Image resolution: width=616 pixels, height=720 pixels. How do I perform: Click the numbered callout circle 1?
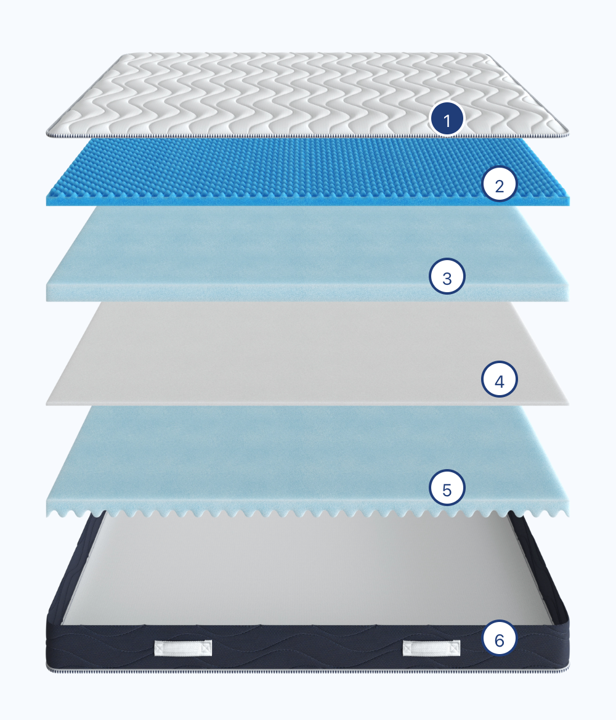click(447, 119)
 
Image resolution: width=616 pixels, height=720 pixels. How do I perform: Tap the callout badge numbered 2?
click(500, 184)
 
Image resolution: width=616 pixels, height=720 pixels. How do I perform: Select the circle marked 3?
click(447, 276)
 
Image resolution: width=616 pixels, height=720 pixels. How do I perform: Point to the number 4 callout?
click(500, 379)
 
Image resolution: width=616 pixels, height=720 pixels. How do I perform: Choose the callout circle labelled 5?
click(447, 488)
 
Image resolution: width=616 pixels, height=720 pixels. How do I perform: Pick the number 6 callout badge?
click(500, 638)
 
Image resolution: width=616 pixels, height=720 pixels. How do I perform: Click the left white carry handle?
click(183, 648)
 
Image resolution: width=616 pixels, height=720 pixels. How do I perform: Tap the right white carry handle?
click(431, 648)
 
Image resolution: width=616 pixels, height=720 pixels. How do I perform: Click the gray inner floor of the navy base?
click(307, 570)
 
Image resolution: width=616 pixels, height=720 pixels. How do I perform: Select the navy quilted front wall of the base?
click(307, 647)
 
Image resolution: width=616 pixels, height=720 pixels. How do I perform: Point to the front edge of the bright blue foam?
click(307, 201)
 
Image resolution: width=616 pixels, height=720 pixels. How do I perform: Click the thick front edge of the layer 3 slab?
click(307, 292)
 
